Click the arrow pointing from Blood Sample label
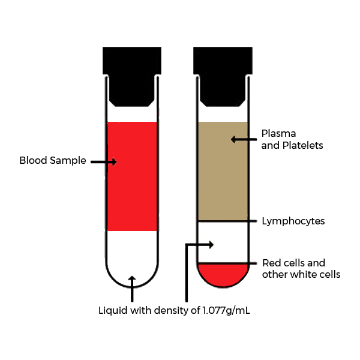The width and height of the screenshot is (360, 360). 103,161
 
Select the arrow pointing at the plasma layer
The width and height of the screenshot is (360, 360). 242,139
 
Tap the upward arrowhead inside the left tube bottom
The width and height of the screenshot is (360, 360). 132,280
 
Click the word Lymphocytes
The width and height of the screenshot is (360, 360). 293,221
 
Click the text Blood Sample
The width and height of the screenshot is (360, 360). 53,161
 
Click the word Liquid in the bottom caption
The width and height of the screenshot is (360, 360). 113,311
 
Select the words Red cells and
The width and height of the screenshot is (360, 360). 293,263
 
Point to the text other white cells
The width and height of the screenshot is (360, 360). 301,274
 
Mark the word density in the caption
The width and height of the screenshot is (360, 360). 172,311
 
